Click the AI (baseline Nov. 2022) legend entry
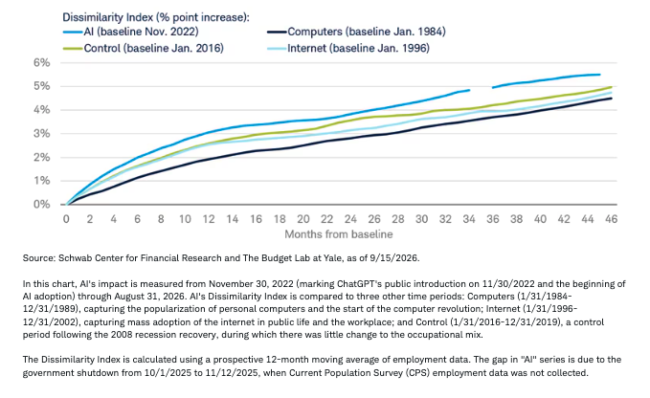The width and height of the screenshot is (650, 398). [x=130, y=32]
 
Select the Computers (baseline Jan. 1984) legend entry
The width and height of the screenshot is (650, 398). [x=356, y=32]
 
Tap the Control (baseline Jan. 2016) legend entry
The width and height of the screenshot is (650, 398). [x=144, y=49]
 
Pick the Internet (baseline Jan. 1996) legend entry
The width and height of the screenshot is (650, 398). [x=347, y=49]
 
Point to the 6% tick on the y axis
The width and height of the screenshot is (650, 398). [x=42, y=63]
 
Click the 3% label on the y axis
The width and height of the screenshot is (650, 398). [x=42, y=134]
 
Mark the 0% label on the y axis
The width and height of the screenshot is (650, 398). [x=42, y=205]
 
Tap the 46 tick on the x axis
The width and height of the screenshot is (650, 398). [x=612, y=219]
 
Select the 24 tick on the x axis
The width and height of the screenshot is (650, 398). [x=350, y=219]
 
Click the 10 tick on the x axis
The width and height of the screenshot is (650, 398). [x=185, y=219]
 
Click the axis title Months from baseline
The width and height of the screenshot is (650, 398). [x=339, y=234]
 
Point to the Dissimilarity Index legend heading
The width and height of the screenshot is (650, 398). [x=156, y=17]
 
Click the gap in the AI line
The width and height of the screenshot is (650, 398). [x=481, y=89]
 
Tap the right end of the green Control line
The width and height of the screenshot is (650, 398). [x=612, y=87]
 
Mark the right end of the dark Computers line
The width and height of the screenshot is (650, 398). [x=612, y=99]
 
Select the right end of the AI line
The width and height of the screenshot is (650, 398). [x=600, y=75]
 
